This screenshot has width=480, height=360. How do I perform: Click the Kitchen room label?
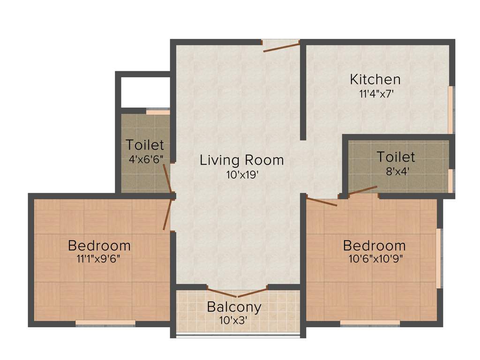click(375, 79)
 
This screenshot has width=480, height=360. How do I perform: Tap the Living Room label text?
click(242, 160)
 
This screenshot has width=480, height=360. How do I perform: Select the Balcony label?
click(234, 307)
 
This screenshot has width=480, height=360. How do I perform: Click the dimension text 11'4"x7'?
click(375, 93)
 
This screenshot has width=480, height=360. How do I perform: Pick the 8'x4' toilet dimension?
click(396, 171)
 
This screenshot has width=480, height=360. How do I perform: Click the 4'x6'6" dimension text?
click(146, 158)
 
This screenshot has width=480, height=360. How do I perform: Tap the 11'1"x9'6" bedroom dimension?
click(99, 260)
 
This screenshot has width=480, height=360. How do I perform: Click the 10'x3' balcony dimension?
click(234, 321)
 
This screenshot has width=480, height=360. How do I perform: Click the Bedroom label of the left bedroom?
click(99, 245)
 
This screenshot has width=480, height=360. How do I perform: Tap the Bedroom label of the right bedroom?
click(374, 245)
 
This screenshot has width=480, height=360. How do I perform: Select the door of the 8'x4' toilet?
click(361, 190)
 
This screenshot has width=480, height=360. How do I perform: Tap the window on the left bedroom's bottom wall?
click(105, 323)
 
